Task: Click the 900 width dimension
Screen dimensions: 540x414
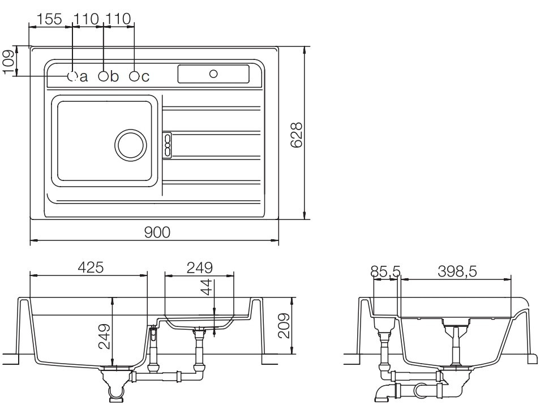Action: coord(157,232)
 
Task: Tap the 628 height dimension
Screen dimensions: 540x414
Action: coord(296,135)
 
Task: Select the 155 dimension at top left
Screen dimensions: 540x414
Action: coord(50,19)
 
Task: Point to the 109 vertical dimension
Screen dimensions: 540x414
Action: coord(8,62)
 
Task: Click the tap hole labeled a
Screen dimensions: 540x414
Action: coord(72,76)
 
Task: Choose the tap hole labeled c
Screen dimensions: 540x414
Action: coord(134,76)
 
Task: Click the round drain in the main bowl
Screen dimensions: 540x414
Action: coord(130,145)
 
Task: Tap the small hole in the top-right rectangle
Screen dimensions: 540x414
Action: coord(213,74)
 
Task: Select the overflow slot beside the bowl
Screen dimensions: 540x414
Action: coord(168,145)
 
